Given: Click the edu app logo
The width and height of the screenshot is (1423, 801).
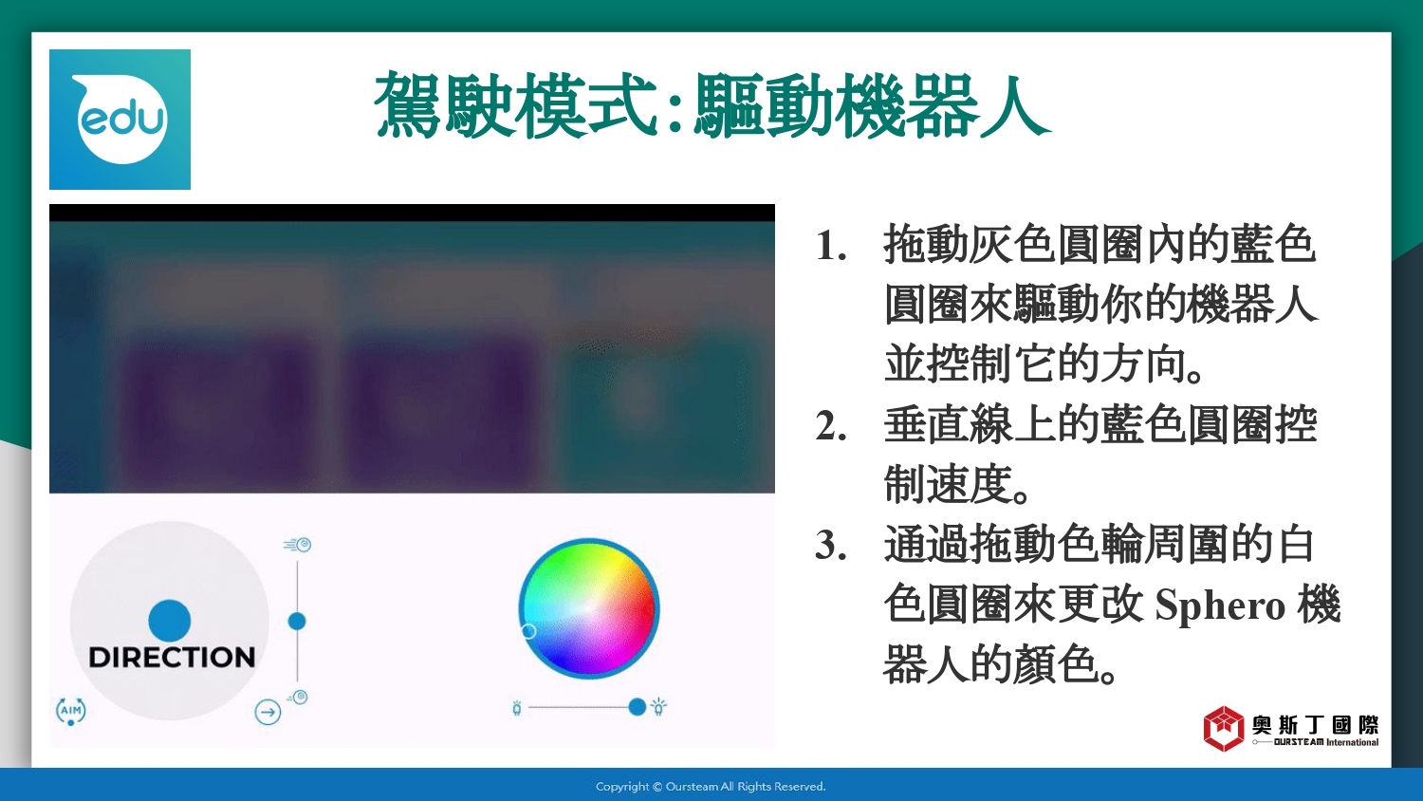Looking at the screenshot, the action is coord(120,120).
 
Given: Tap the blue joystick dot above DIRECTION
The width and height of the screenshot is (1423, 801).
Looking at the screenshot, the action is coord(170,621).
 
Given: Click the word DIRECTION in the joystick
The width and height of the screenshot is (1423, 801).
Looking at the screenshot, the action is coord(172,658).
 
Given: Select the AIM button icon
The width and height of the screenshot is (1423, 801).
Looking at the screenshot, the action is coord(70,712).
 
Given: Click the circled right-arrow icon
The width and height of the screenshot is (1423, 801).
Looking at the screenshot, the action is coord(268,712).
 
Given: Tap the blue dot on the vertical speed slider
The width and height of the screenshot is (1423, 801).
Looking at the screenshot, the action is coord(297,621).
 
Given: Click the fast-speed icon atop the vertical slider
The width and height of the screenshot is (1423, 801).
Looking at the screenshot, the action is coord(297,545).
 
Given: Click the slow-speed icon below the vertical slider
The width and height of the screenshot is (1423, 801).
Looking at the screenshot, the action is coord(297,698).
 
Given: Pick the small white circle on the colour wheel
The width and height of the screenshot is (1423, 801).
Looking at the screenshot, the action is coord(527,630).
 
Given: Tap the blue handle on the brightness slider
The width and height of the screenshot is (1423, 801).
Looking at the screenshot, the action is coord(637,707).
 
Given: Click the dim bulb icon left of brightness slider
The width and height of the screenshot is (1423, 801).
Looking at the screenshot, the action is coord(517,708).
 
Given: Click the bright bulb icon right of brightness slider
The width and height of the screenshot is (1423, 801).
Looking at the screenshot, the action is coord(658,706).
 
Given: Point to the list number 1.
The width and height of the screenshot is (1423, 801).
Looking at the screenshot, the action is coord(831,246).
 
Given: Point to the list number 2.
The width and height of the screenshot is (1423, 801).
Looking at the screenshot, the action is coord(831,426).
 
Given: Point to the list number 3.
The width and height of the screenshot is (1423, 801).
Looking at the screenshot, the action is coord(831,546).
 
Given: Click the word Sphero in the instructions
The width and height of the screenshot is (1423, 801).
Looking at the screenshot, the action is coord(1220,605).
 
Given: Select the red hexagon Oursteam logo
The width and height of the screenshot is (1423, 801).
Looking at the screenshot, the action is coord(1224,729).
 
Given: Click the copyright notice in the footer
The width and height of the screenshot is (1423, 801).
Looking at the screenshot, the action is coord(711,787).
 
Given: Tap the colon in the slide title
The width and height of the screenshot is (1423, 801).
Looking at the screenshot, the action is coord(675,107).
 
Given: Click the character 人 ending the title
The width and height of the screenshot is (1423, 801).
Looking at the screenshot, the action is coord(1013,105).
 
